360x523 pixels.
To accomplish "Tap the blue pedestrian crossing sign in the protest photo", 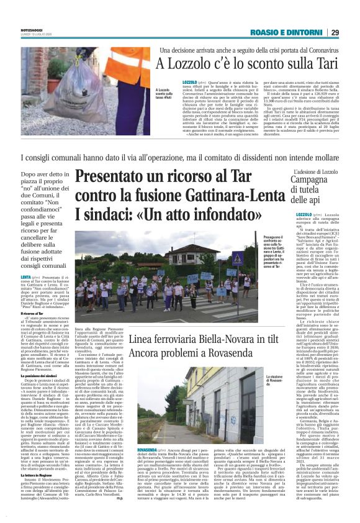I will point(220,258).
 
